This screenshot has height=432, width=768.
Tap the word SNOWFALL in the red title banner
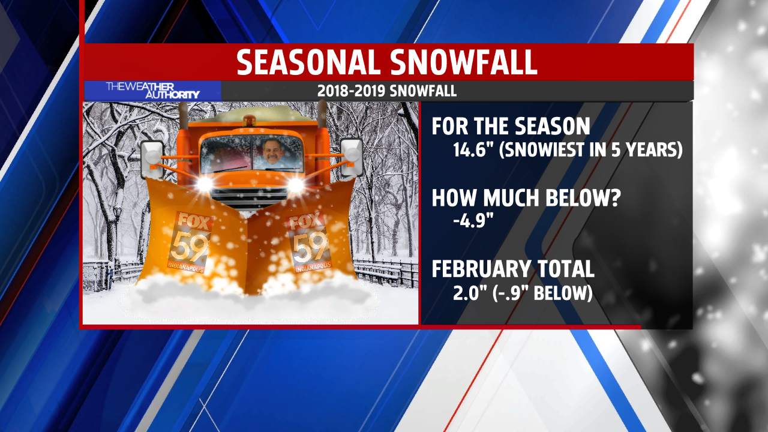(463, 62)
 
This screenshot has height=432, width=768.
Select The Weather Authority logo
(152, 91)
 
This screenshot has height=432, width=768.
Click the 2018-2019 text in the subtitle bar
(352, 91)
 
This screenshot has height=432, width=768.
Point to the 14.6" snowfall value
(474, 149)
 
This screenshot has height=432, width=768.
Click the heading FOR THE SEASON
(511, 126)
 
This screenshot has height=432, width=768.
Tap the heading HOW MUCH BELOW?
(526, 198)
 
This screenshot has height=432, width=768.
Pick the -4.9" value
(473, 220)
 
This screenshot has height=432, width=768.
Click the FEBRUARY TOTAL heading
(513, 269)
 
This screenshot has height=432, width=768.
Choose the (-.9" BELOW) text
(543, 293)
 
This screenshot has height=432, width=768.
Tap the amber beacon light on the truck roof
(248, 121)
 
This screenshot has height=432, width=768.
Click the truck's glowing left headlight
(205, 184)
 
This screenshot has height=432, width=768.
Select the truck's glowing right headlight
(296, 185)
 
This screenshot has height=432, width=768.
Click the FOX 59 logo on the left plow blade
(189, 242)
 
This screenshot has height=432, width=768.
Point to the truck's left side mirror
(152, 159)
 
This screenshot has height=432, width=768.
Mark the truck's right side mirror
(352, 157)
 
